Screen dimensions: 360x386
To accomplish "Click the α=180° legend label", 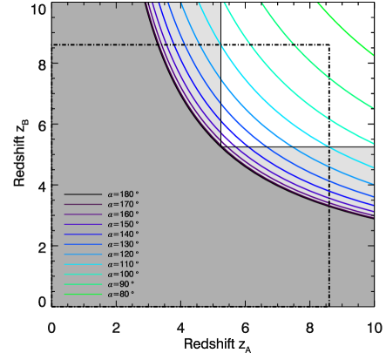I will (x=123, y=194).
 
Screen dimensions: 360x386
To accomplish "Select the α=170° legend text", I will (x=123, y=204).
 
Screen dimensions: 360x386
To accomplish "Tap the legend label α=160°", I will (x=123, y=214).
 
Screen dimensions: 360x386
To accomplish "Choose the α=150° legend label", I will (x=123, y=224).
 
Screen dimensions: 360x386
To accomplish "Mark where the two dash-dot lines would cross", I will (x=329, y=44).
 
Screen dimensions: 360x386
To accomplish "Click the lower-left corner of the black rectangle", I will (x=221, y=146).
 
